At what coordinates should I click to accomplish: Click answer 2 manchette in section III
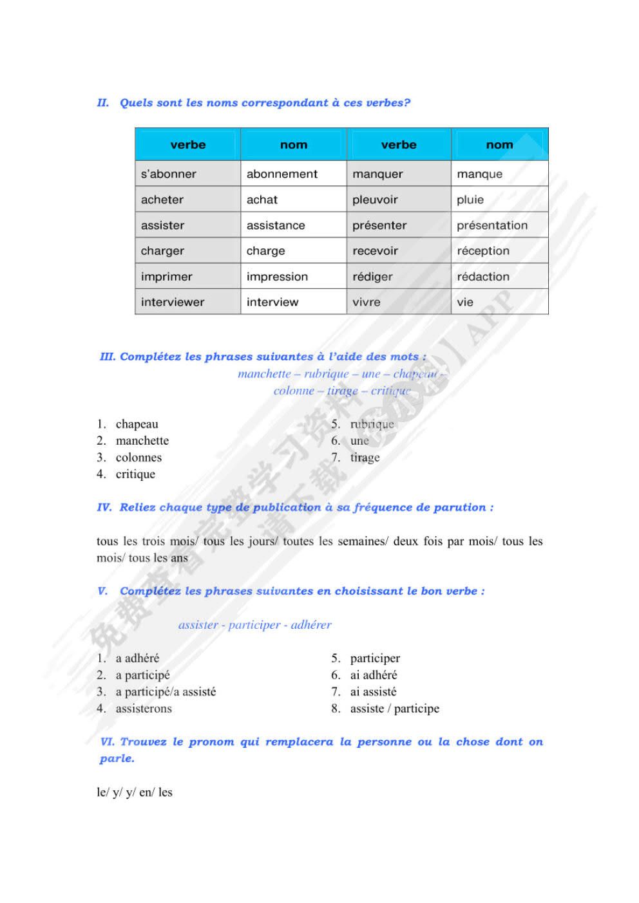(x=142, y=441)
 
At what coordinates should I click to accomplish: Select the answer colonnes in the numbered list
(x=138, y=458)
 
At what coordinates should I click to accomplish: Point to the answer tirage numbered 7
(x=365, y=458)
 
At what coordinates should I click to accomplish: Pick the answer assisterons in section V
(x=144, y=709)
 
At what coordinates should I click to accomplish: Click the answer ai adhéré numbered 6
(x=374, y=675)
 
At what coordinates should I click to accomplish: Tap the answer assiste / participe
(x=394, y=709)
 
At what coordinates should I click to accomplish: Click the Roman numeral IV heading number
(x=104, y=507)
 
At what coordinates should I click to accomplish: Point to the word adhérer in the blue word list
(x=311, y=625)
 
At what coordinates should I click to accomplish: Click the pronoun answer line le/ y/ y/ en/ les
(x=135, y=792)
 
